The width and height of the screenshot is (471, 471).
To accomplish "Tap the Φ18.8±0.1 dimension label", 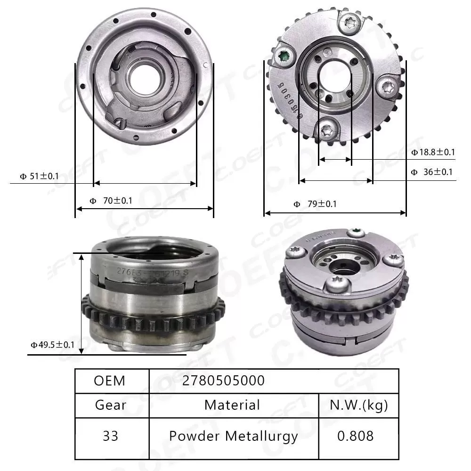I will coord(433,152).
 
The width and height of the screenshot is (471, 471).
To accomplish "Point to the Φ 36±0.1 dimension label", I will coord(431,172).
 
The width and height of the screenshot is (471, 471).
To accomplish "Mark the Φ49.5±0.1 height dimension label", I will coord(52,345).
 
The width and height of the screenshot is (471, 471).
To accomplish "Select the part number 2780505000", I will coord(223,381).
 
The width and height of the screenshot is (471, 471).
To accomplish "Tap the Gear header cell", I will coord(110,405).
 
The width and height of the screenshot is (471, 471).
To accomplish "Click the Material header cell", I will coord(232,405).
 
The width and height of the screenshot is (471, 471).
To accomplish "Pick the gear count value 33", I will coord(110,436).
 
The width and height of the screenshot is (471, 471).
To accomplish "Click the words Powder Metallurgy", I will coord(233,436).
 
